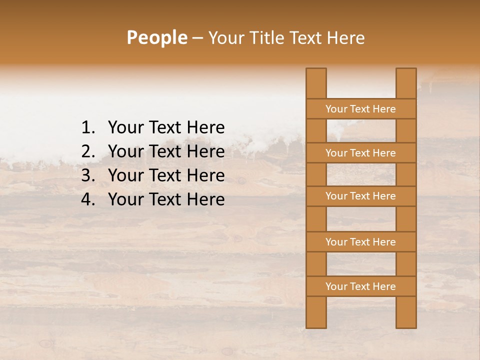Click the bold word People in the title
pyautogui.click(x=156, y=37)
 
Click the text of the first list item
pyautogui.click(x=166, y=128)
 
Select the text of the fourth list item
pyautogui.click(x=166, y=199)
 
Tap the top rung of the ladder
pyautogui.click(x=360, y=109)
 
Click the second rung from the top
pyautogui.click(x=360, y=153)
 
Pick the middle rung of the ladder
pyautogui.click(x=360, y=196)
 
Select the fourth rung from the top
pyautogui.click(x=360, y=242)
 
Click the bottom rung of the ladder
pyautogui.click(x=360, y=286)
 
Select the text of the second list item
pyautogui.click(x=166, y=151)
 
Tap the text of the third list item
pyautogui.click(x=166, y=175)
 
